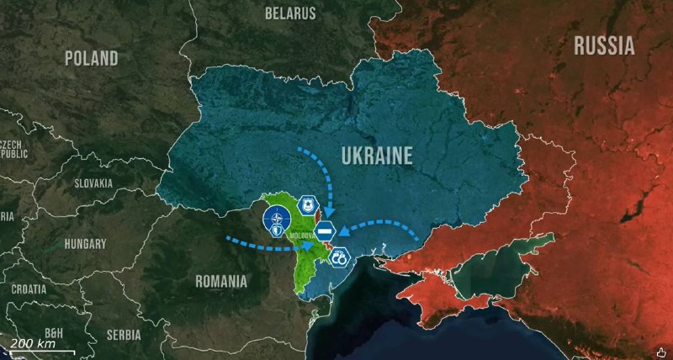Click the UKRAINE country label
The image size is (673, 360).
[377, 156]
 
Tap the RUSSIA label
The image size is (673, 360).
[604, 46]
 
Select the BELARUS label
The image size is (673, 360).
[290, 13]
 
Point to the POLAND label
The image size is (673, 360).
[92, 59]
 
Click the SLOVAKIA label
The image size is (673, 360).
[93, 183]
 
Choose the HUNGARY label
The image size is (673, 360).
[86, 244]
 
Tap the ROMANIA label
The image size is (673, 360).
[220, 280]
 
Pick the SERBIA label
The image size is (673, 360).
[125, 334]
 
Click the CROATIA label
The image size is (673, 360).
[29, 289]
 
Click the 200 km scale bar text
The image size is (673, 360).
[34, 344]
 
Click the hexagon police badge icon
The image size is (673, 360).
[308, 204]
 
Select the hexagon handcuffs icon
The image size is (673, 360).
[340, 260]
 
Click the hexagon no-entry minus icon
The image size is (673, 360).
[326, 230]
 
